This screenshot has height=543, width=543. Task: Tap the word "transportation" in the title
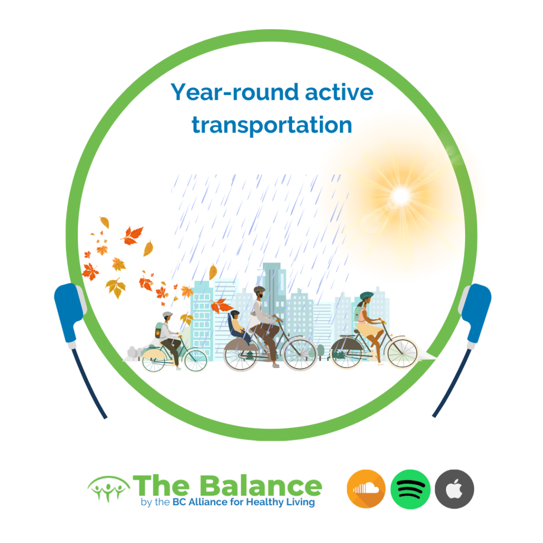tap(271, 125)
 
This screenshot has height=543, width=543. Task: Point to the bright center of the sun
tap(400, 197)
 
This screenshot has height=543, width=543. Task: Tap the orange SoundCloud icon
tap(366, 488)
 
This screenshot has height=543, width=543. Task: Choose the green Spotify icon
tap(410, 488)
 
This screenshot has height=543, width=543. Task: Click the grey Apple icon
tap(454, 488)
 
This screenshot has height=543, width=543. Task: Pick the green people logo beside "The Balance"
tap(109, 488)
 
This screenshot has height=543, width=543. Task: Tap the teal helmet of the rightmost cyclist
tap(366, 295)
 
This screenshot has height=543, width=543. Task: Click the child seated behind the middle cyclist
tap(237, 325)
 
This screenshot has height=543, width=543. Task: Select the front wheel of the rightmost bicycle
tap(401, 352)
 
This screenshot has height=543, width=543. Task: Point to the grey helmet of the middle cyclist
tap(259, 290)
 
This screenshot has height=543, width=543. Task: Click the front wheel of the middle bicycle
tap(300, 354)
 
